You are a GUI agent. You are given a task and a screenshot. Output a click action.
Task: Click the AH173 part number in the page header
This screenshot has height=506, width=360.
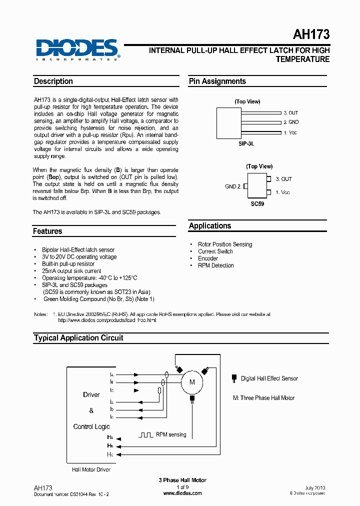(x=310, y=34)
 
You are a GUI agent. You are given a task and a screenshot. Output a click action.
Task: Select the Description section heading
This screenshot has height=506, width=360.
(x=53, y=81)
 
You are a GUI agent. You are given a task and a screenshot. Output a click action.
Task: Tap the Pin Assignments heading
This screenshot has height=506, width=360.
(x=217, y=81)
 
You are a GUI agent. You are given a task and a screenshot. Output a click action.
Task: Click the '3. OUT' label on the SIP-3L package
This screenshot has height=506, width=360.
(x=291, y=113)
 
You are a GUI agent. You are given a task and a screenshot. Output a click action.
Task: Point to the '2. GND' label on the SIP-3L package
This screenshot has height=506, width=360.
(x=291, y=122)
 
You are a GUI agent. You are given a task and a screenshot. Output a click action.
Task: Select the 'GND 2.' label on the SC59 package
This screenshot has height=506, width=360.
(x=233, y=186)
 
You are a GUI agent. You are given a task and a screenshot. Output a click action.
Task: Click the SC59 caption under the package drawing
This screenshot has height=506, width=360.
(x=257, y=204)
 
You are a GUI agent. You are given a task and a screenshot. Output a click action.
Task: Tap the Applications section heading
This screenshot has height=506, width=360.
(x=210, y=226)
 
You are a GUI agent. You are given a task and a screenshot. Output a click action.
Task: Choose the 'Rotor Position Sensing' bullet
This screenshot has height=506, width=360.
(x=225, y=244)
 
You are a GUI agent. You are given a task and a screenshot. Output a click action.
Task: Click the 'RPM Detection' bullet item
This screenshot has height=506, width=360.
(x=215, y=265)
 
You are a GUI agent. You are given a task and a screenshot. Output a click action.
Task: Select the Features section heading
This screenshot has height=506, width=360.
(x=48, y=231)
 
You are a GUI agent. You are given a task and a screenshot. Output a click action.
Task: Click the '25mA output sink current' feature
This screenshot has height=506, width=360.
(x=71, y=271)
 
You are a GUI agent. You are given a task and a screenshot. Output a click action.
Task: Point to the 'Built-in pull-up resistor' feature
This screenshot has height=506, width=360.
(x=68, y=264)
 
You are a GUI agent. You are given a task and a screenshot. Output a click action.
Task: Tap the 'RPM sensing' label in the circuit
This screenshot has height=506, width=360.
(x=171, y=434)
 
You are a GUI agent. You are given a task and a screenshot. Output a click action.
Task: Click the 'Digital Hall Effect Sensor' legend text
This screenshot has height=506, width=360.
(x=269, y=378)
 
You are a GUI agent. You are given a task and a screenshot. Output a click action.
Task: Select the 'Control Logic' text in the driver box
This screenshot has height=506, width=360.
(x=91, y=426)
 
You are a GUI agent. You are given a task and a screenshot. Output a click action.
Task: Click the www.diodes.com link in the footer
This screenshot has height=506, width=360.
(x=182, y=493)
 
